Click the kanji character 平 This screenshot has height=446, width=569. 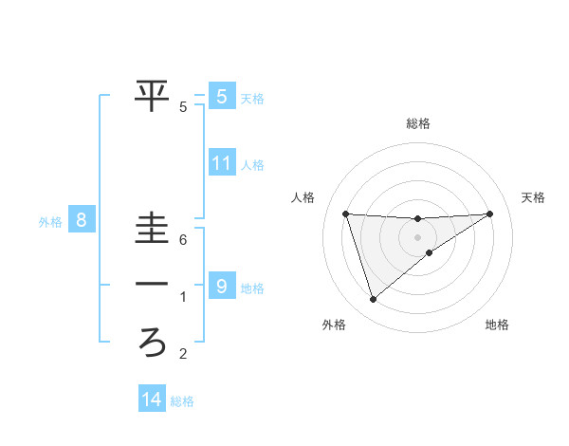click(153, 95)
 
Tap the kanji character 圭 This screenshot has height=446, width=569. click(153, 228)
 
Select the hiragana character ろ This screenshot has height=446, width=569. click(153, 342)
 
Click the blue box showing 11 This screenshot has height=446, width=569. click(221, 163)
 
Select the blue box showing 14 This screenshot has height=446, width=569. click(152, 400)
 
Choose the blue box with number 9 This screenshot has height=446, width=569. click(221, 286)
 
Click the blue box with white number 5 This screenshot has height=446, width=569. click(221, 96)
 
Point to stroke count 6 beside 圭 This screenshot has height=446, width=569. click(184, 241)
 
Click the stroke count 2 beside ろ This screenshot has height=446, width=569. click(184, 355)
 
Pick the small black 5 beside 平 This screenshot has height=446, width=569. click(184, 107)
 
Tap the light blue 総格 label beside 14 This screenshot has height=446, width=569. click(182, 401)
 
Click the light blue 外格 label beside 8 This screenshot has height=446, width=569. click(50, 223)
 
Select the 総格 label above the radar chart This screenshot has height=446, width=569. click(417, 123)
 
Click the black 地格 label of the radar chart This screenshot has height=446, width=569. click(497, 325)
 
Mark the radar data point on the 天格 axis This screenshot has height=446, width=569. click(490, 214)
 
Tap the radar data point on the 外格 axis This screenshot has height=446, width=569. click(373, 300)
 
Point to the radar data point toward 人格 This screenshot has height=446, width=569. click(345, 214)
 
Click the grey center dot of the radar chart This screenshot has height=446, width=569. click(417, 236)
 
